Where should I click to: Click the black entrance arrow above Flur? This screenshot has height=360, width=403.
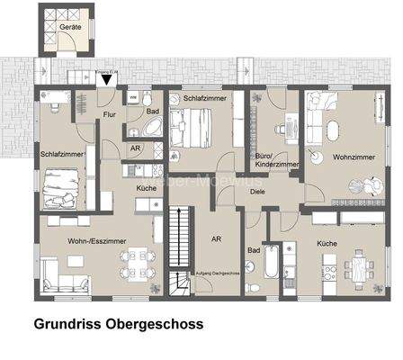107,81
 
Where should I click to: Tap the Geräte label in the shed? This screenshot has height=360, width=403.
70,28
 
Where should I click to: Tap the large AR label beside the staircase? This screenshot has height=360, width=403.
216,239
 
